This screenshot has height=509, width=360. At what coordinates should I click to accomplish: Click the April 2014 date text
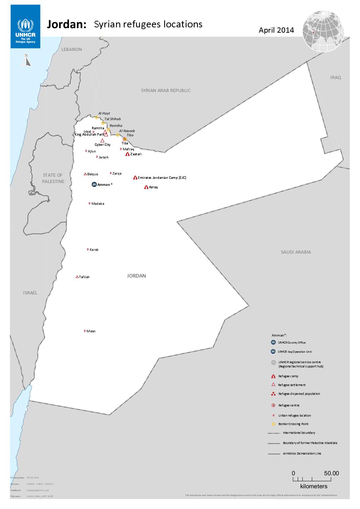276,30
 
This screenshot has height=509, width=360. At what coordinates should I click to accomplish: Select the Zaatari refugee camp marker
127,154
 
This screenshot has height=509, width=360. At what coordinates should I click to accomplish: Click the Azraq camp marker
146,187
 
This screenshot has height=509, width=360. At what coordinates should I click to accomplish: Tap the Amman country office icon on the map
94,184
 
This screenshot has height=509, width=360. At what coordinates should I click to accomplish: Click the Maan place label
91,331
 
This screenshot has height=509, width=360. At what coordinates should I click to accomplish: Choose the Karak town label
94,250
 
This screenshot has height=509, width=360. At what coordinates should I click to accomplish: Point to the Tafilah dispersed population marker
77,277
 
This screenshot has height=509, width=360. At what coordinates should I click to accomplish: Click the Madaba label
97,204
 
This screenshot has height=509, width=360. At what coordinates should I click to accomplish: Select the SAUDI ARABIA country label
296,252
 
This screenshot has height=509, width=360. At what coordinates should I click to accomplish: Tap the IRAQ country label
335,78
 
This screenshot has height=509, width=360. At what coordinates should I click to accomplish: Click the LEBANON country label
71,50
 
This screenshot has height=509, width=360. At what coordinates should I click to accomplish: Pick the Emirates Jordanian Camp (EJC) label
162,178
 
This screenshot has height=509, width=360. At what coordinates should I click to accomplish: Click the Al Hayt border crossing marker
97,117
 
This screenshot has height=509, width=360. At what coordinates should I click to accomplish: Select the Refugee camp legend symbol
273,376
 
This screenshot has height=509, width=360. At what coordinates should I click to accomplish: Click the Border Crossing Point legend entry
293,424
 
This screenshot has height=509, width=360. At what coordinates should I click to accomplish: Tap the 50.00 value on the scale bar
331,474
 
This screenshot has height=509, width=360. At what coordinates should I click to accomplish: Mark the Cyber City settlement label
102,145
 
